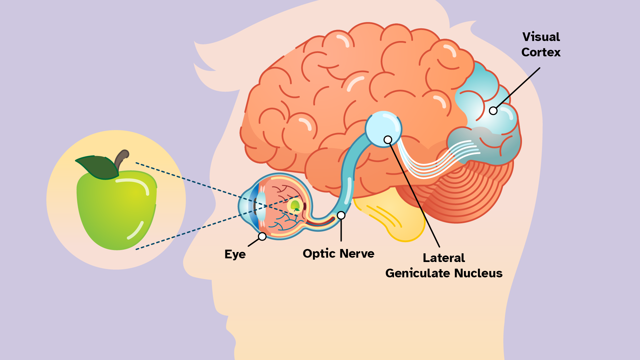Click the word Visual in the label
pos(541,37)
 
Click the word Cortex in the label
pos(541,52)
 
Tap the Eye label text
pos(235,254)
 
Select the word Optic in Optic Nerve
pos(316,254)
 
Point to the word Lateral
pos(444,258)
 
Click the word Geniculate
pos(418,273)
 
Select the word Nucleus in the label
pos(478,273)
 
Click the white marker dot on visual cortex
pos(493,111)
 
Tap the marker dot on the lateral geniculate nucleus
pos(388,140)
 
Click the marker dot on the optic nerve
pos(341,215)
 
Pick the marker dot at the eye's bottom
pos(262,236)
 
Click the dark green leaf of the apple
pos(98,167)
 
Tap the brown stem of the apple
pos(121,158)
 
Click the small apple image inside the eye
pos(295,205)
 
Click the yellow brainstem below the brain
pos(397,217)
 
